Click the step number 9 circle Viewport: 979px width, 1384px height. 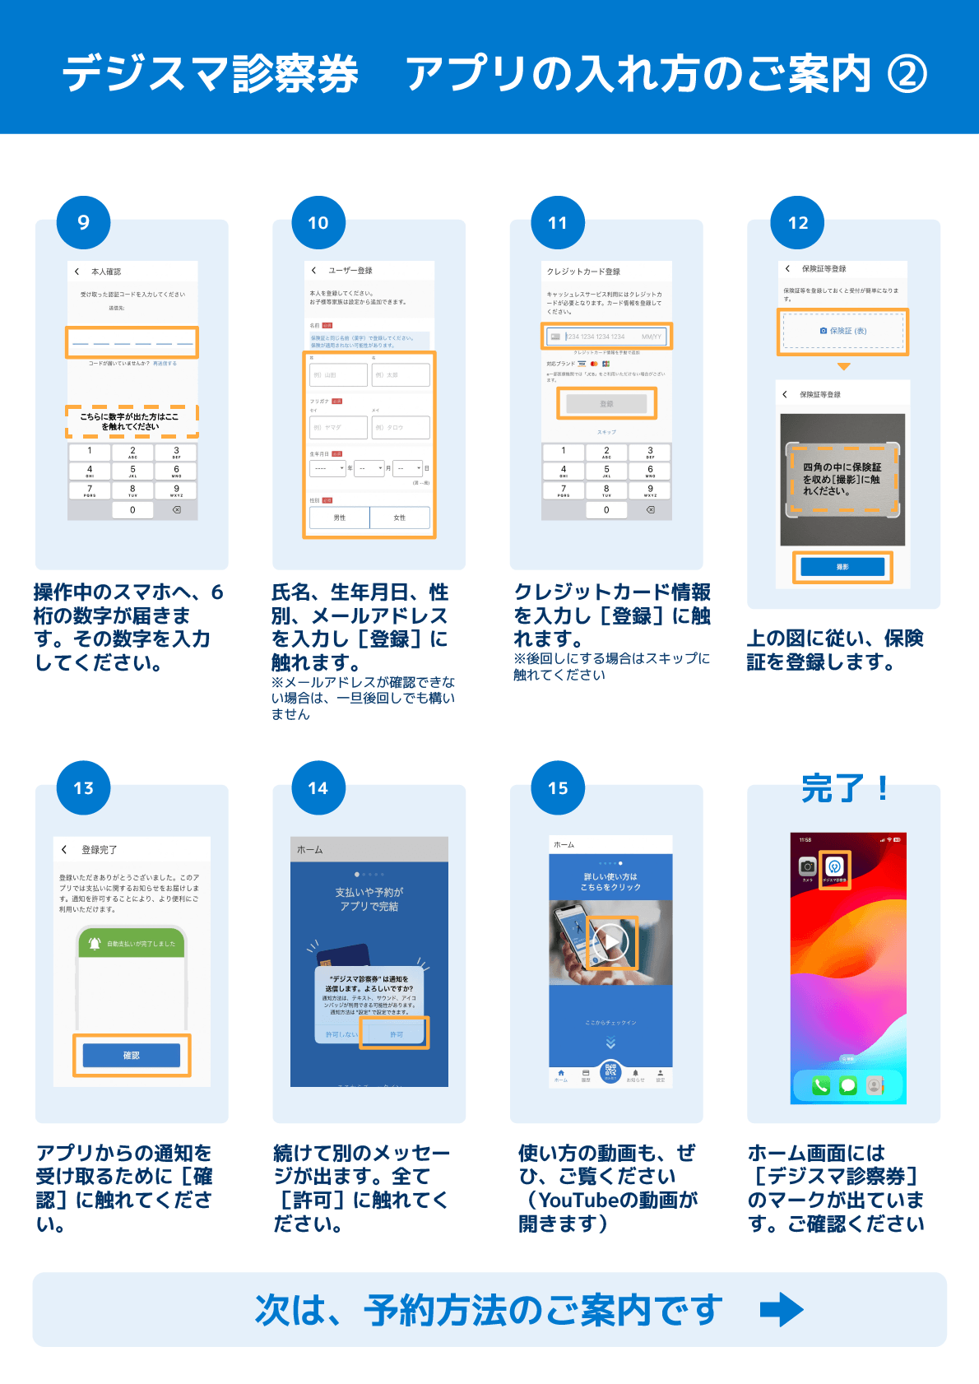[83, 222]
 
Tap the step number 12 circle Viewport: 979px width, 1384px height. [797, 222]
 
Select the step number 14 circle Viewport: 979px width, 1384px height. [318, 788]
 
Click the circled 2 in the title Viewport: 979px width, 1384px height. [907, 74]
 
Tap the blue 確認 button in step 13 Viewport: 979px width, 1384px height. [132, 1055]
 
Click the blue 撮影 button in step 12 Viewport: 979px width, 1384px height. [842, 567]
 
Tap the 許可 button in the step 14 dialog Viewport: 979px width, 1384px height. [397, 1033]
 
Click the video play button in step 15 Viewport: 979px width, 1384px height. [611, 943]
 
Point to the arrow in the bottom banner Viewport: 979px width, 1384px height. [781, 1309]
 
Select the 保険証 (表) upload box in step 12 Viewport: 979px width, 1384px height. [843, 331]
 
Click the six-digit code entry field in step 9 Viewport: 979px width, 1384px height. [132, 342]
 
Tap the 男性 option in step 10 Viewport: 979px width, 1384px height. [340, 518]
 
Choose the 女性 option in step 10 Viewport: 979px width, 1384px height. [400, 518]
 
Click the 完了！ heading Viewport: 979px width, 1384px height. [844, 788]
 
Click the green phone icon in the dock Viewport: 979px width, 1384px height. [821, 1085]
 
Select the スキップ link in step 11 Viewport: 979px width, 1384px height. [606, 432]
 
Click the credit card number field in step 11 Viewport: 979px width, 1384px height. [607, 337]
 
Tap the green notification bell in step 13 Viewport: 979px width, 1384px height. [95, 943]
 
